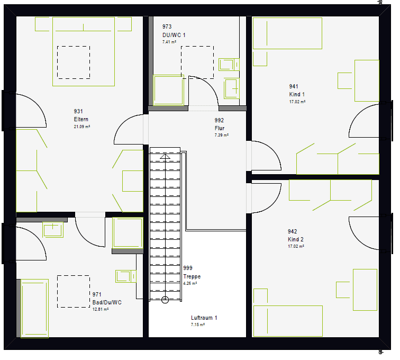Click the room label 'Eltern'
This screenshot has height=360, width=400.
81,119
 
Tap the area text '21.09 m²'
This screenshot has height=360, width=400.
82,127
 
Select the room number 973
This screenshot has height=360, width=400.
167,26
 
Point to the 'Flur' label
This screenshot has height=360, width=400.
220,128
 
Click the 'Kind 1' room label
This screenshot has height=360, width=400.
297,94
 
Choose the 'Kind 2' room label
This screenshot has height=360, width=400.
296,239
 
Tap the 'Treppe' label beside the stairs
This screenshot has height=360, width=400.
192,276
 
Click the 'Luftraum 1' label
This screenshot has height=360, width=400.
204,318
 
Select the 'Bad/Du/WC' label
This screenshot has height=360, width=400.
107,302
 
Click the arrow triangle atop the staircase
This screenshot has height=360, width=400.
165,156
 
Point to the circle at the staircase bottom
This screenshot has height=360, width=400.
165,300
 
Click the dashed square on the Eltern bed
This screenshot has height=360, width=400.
74,62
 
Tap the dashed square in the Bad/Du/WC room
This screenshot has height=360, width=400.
73,291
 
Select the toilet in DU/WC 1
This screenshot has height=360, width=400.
229,65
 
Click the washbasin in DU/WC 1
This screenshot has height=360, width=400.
232,88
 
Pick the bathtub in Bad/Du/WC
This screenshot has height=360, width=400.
35,309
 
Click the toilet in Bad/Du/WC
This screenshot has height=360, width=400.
126,276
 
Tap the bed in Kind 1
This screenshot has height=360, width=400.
287,33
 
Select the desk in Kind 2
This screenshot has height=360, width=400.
365,290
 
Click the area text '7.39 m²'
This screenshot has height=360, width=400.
221,135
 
